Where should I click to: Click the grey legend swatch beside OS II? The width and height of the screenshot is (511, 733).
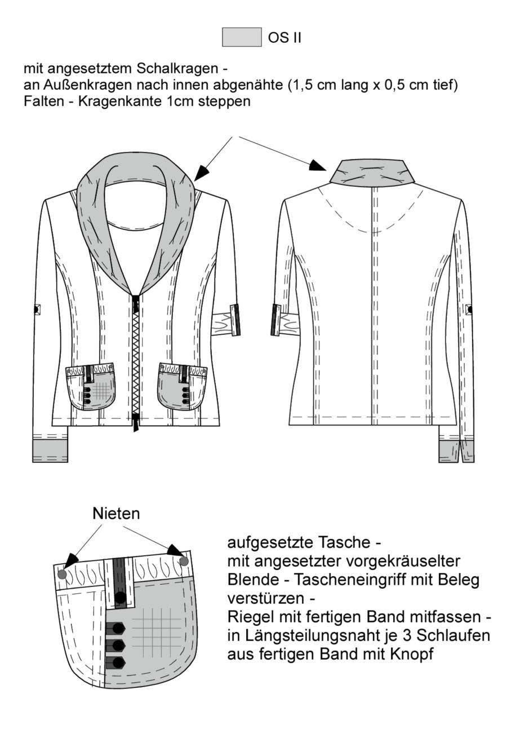[242, 37]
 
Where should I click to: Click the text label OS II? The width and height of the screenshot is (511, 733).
[285, 38]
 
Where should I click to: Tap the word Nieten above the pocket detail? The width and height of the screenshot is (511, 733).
[116, 514]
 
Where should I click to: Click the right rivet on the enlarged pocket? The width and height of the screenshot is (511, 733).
[184, 562]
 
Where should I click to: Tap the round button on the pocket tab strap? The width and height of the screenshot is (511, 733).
[121, 598]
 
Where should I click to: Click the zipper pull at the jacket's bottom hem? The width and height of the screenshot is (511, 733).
[136, 422]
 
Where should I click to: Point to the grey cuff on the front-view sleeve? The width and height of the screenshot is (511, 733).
[51, 451]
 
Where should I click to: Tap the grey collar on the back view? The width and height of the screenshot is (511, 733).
[372, 173]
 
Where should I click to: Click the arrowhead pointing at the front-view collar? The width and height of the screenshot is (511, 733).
[201, 174]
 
